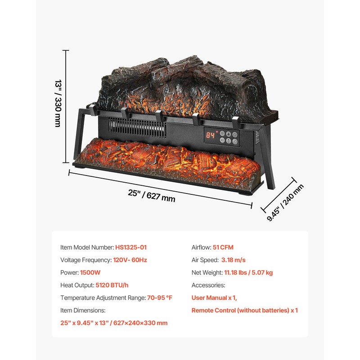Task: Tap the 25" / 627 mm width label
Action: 151,195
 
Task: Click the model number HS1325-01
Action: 130,247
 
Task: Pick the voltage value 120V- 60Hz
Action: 130,260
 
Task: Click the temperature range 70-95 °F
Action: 160,297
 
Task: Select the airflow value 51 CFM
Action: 223,247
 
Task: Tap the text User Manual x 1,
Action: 214,297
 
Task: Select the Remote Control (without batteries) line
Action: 244,310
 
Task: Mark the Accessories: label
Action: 208,285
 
